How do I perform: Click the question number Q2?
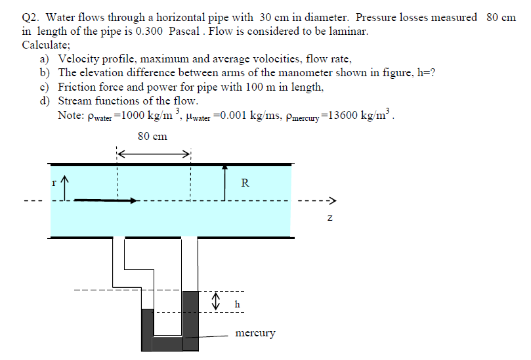pos(32,17)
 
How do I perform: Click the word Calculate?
pos(46,45)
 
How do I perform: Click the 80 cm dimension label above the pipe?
pos(152,136)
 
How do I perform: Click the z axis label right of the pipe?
pos(331,217)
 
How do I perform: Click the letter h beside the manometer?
pos(237,304)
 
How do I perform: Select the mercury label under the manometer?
pos(255,333)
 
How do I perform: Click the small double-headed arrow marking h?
pos(215,302)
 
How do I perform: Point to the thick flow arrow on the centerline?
pos(105,200)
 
